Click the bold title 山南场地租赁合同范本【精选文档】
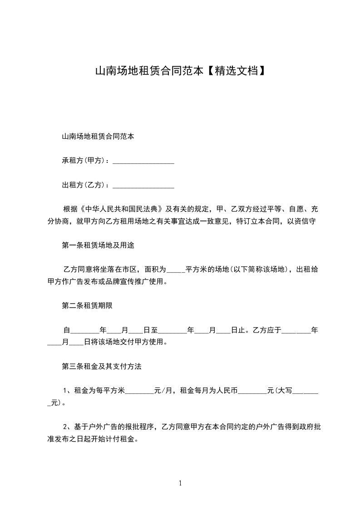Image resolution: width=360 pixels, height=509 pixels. pyautogui.click(x=180, y=71)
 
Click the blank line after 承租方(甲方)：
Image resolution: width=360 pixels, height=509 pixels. pyautogui.click(x=143, y=162)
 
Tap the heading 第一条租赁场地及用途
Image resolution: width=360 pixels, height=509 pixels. pyautogui.click(x=98, y=245)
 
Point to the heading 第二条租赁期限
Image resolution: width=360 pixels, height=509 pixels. pyautogui.click(x=87, y=306)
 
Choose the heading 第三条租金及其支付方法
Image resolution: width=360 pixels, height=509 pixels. pyautogui.click(x=101, y=367)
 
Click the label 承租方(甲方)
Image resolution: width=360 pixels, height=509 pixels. pyautogui.click(x=83, y=161)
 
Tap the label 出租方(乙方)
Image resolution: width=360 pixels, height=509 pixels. pyautogui.click(x=83, y=185)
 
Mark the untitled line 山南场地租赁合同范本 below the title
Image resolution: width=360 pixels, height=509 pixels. pyautogui.click(x=98, y=136)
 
